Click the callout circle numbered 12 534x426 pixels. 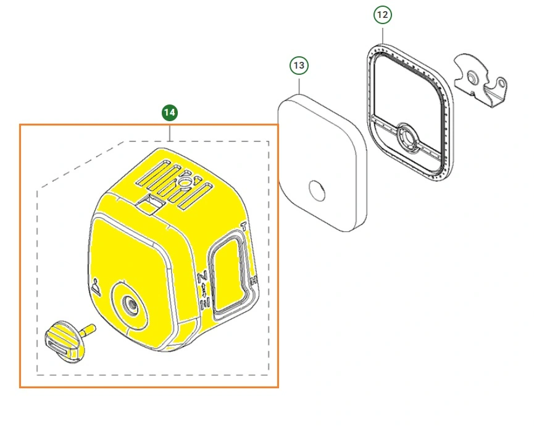click(383, 15)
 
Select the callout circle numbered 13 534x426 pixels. click(299, 65)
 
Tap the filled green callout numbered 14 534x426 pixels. click(170, 113)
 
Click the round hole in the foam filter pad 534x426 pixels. click(317, 190)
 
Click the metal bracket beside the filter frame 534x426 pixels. click(480, 80)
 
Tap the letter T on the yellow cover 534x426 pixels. click(243, 226)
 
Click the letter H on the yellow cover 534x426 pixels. click(253, 281)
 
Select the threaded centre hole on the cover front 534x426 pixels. click(130, 303)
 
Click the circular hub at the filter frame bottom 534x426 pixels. click(406, 138)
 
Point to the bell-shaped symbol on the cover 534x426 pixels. click(96, 287)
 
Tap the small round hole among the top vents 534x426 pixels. click(185, 182)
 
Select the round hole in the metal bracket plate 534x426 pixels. click(472, 77)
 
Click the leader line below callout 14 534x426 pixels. click(170, 131)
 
